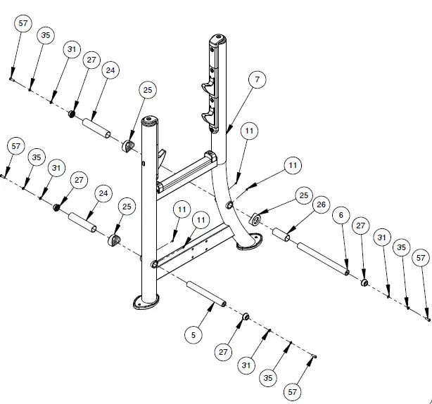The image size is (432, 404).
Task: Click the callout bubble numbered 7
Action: pyautogui.click(x=257, y=80)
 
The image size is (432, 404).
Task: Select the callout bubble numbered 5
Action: pyautogui.click(x=193, y=336)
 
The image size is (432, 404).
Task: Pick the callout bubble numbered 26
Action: pyautogui.click(x=321, y=205)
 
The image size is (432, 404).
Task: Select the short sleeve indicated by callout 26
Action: pyautogui.click(x=281, y=235)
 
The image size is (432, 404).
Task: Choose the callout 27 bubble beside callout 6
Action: pyautogui.click(x=361, y=226)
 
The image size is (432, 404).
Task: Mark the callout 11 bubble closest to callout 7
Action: pyautogui.click(x=248, y=131)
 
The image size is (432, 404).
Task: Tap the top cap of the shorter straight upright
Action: pyautogui.click(x=149, y=120)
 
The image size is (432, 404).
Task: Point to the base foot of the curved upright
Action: pyautogui.click(x=247, y=243)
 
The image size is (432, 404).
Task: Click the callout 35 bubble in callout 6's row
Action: pyautogui.click(x=402, y=247)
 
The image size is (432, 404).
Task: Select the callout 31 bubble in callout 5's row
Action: pyautogui.click(x=246, y=365)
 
